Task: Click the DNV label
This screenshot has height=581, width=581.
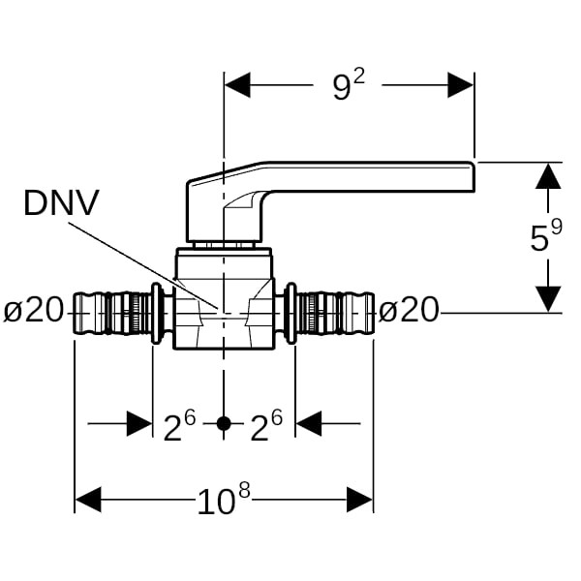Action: [62, 204]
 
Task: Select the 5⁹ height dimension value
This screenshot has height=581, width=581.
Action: [545, 237]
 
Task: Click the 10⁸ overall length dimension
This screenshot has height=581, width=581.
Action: [224, 500]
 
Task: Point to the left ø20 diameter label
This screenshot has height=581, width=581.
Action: [33, 311]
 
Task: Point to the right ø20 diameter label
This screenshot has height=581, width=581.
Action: [408, 311]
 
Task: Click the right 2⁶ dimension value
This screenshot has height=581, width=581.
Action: [268, 425]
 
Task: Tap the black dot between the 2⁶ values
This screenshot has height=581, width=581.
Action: [224, 424]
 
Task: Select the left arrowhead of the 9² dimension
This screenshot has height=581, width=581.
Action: [237, 85]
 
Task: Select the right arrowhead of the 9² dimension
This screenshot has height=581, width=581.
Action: [461, 85]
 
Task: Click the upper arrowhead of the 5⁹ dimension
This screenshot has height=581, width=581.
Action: [548, 175]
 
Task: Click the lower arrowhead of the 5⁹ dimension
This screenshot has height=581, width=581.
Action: [548, 299]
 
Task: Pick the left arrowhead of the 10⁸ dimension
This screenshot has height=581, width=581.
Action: [88, 500]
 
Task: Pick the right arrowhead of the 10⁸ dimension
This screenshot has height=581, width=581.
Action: [360, 500]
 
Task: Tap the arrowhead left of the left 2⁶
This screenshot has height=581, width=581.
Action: [139, 424]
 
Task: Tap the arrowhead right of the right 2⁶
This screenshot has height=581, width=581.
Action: [309, 424]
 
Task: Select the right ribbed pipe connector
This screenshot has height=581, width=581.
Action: [334, 313]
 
